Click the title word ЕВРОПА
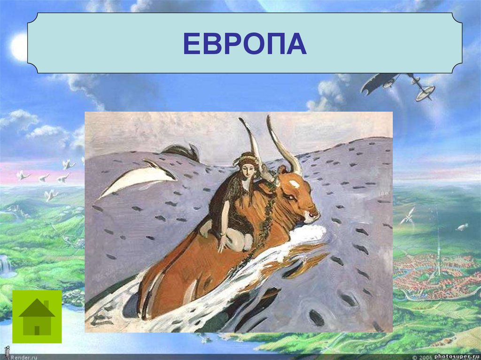pyautogui.click(x=244, y=44)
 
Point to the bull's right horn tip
pyautogui.click(x=270, y=118)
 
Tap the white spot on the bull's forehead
pyautogui.click(x=295, y=183)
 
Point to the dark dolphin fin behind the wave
pyautogui.click(x=183, y=151)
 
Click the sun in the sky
pyautogui.click(x=20, y=46)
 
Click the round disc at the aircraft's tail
pyautogui.click(x=425, y=93)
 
